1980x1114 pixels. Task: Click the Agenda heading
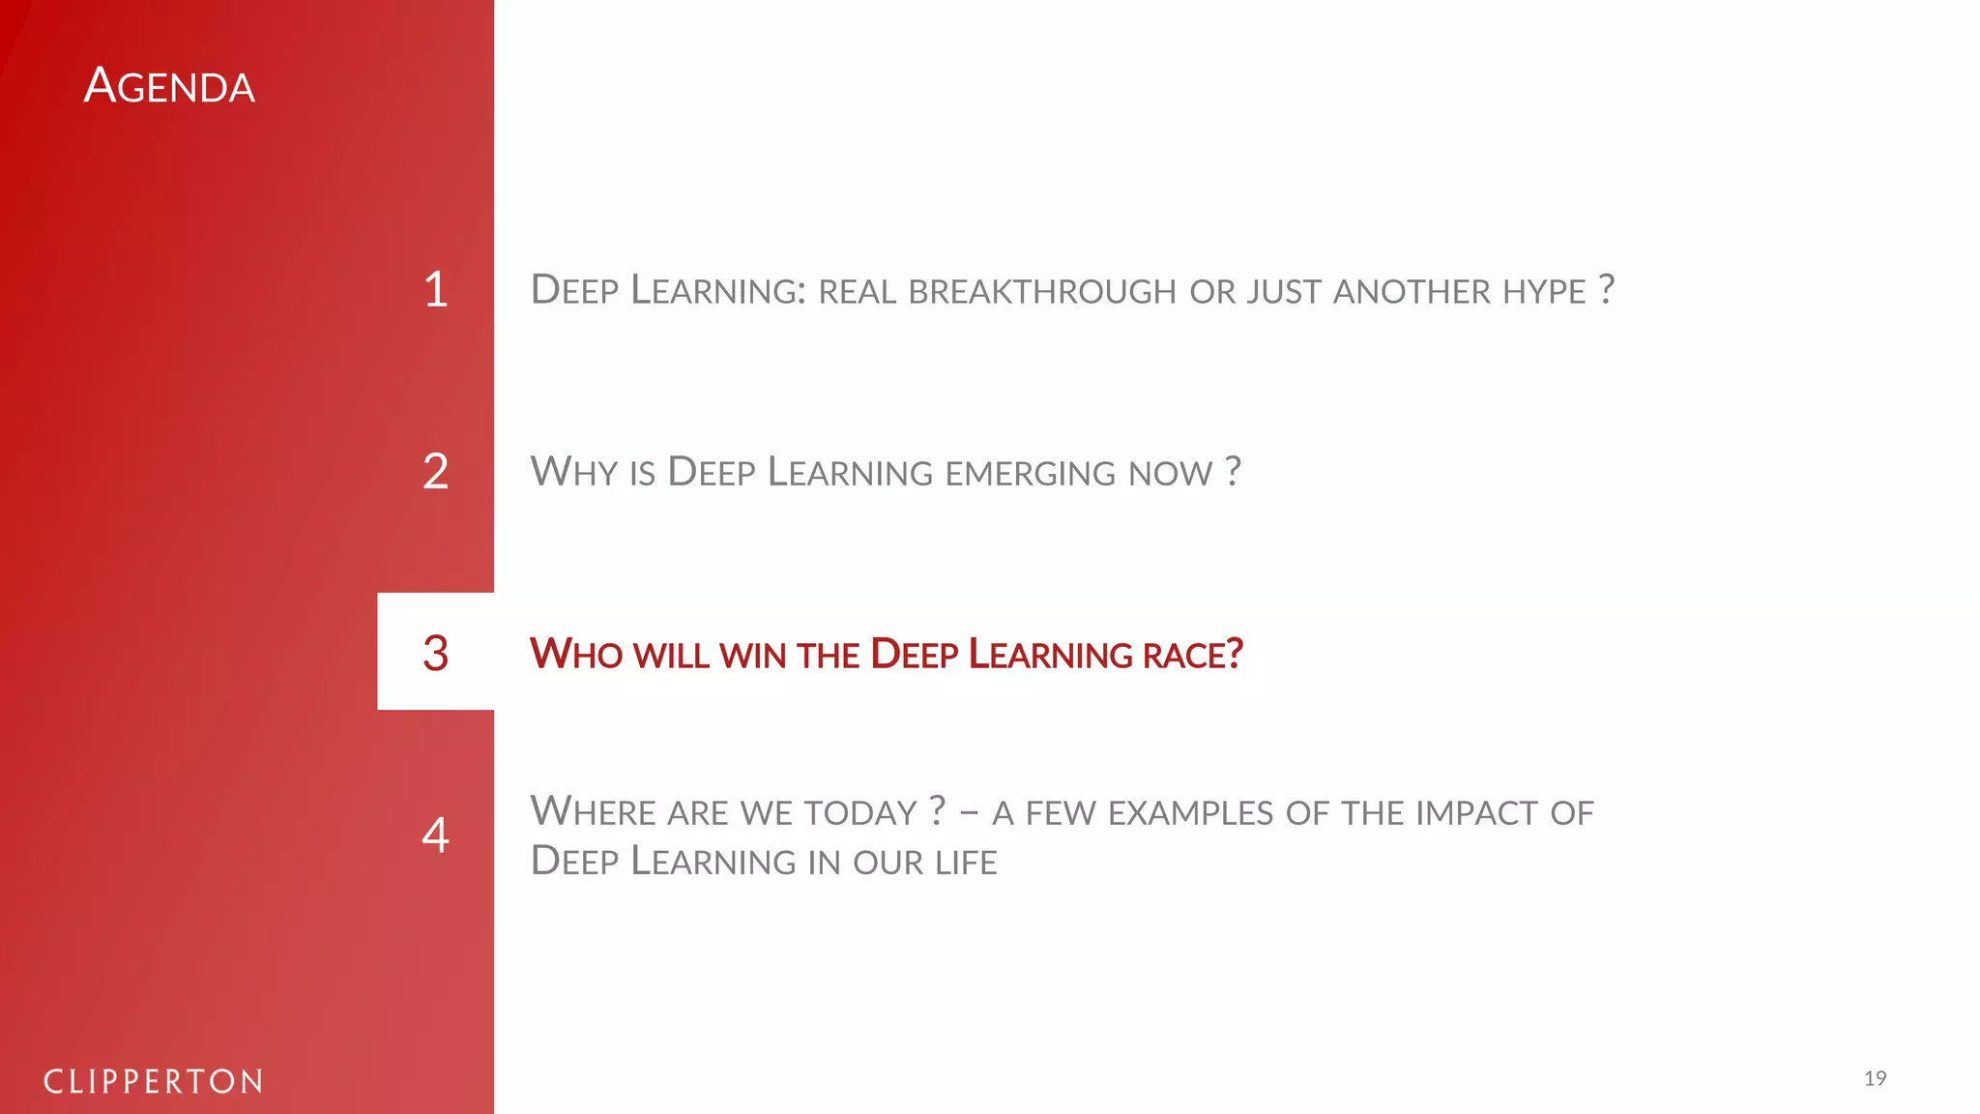169,86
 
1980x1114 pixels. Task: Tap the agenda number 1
436,289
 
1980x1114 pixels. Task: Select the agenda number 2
436,471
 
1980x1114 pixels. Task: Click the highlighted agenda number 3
436,653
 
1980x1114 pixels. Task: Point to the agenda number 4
436,835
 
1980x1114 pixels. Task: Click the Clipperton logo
154,1081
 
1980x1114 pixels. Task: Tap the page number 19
1875,1078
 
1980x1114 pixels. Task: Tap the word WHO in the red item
576,655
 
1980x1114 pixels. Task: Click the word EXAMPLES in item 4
1190,814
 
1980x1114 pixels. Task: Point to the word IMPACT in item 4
1476,814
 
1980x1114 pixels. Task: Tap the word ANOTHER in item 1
1412,291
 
